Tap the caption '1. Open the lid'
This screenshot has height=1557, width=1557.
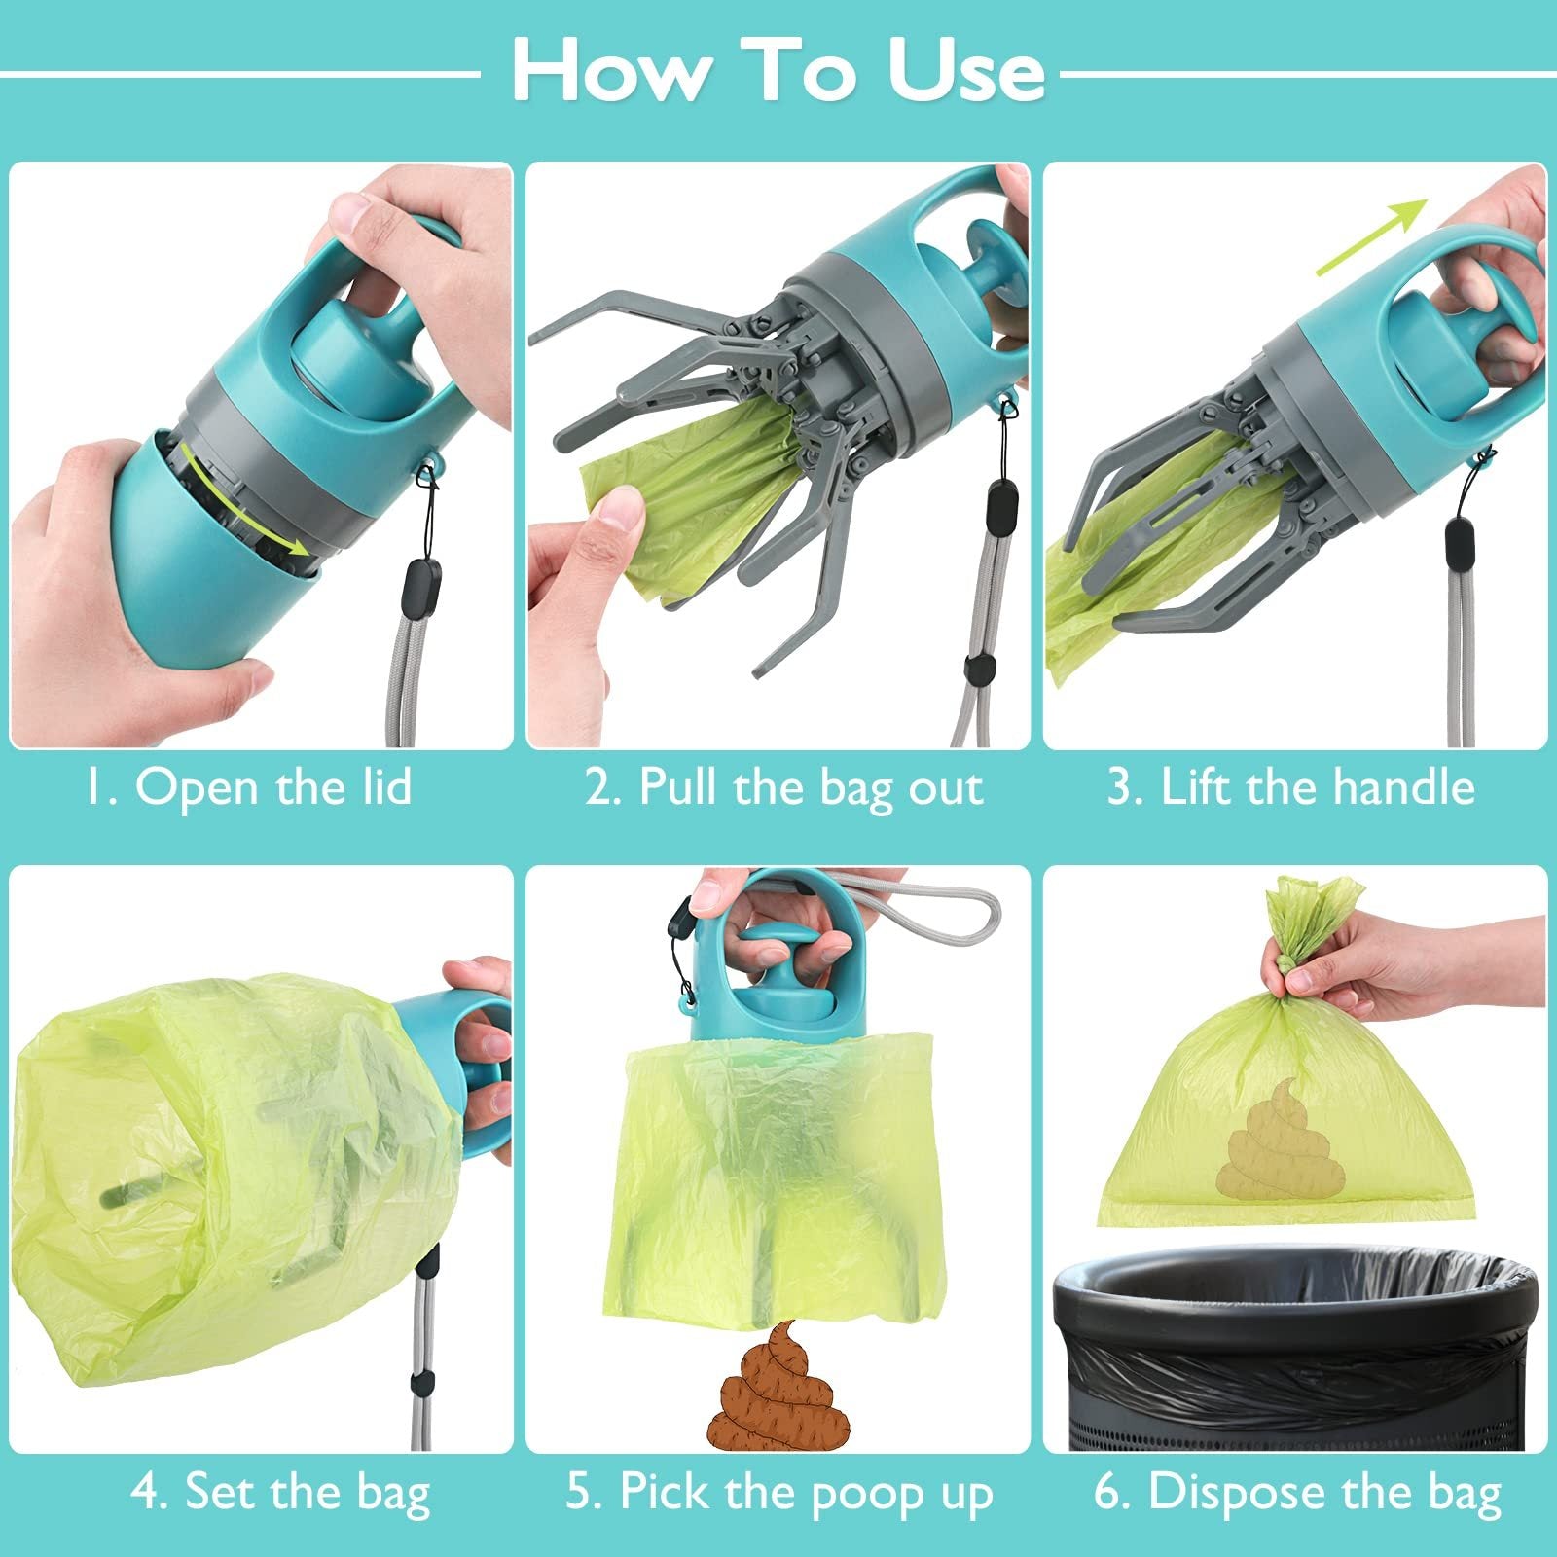(248, 786)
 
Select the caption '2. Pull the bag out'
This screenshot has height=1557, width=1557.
(784, 786)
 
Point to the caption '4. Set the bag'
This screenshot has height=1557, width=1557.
(280, 1491)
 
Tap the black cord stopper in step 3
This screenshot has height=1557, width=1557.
(1456, 540)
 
